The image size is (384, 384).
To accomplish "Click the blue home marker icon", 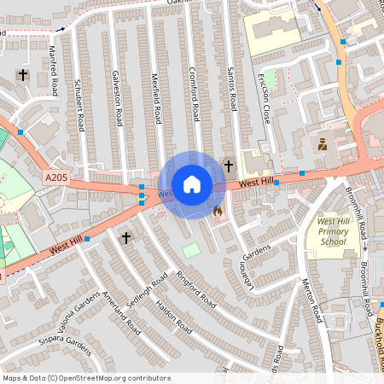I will click(x=192, y=183).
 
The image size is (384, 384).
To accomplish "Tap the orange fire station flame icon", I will click(x=217, y=210).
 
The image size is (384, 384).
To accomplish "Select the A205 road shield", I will click(x=55, y=177).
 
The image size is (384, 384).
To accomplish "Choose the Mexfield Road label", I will click(x=156, y=99).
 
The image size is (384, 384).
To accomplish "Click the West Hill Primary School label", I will click(x=332, y=231).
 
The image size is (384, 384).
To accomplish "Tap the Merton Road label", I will click(x=312, y=299).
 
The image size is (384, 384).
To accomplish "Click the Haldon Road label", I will click(x=177, y=315).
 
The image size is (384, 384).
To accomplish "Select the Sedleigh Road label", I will click(x=146, y=294).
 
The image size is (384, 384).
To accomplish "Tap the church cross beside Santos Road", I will click(x=228, y=165).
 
